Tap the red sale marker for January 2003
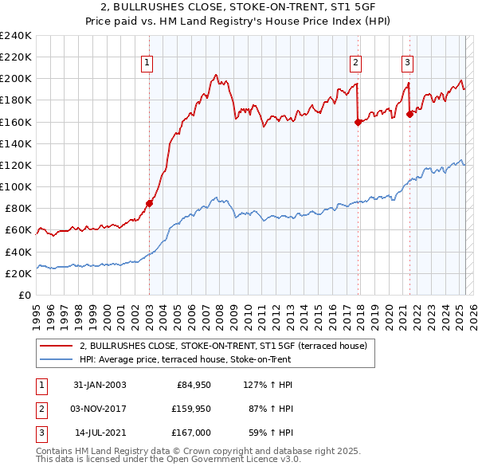150,203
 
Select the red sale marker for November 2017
357,122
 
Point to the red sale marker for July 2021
409,114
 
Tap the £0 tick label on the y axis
25,295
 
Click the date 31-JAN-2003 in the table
99,385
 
